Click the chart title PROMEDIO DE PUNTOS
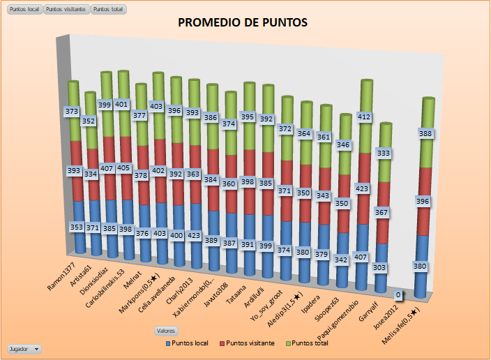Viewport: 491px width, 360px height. (243, 23)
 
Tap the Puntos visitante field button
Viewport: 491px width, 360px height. (67, 10)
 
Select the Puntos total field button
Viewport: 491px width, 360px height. (110, 10)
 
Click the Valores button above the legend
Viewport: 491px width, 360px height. (166, 330)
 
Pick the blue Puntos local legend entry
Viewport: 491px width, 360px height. (190, 343)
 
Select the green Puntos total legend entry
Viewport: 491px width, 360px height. (308, 343)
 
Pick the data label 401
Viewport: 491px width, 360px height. (121, 104)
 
